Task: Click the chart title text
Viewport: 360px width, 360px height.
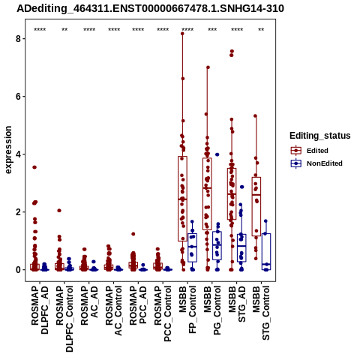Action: [x=150, y=8]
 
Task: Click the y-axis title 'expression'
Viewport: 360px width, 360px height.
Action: [x=8, y=150]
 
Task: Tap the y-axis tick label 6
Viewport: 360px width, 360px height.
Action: [x=19, y=97]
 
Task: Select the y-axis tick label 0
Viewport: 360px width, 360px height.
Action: [x=19, y=270]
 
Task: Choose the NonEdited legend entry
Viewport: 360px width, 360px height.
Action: [x=316, y=163]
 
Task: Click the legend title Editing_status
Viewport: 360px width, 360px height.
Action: [x=320, y=136]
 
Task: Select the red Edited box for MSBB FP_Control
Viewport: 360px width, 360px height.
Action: [x=183, y=199]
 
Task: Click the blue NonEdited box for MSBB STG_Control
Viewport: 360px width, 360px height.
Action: [x=266, y=251]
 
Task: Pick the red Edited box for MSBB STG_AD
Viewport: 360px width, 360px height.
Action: [x=232, y=194]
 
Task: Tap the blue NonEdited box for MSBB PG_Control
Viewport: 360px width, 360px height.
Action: [x=217, y=246]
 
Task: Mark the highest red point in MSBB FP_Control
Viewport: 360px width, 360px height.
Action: [x=182, y=34]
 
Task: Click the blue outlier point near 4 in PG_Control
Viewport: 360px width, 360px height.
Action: [x=217, y=154]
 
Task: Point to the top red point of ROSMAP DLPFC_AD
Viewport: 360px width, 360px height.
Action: [x=34, y=167]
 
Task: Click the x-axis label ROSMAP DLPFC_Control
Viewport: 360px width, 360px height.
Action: [x=64, y=319]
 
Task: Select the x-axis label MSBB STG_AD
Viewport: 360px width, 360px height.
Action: [x=237, y=304]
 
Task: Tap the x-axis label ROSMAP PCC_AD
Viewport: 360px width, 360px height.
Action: [x=138, y=305]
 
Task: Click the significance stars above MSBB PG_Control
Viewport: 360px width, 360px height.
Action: [x=212, y=30]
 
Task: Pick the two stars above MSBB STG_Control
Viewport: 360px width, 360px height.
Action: [x=261, y=30]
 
